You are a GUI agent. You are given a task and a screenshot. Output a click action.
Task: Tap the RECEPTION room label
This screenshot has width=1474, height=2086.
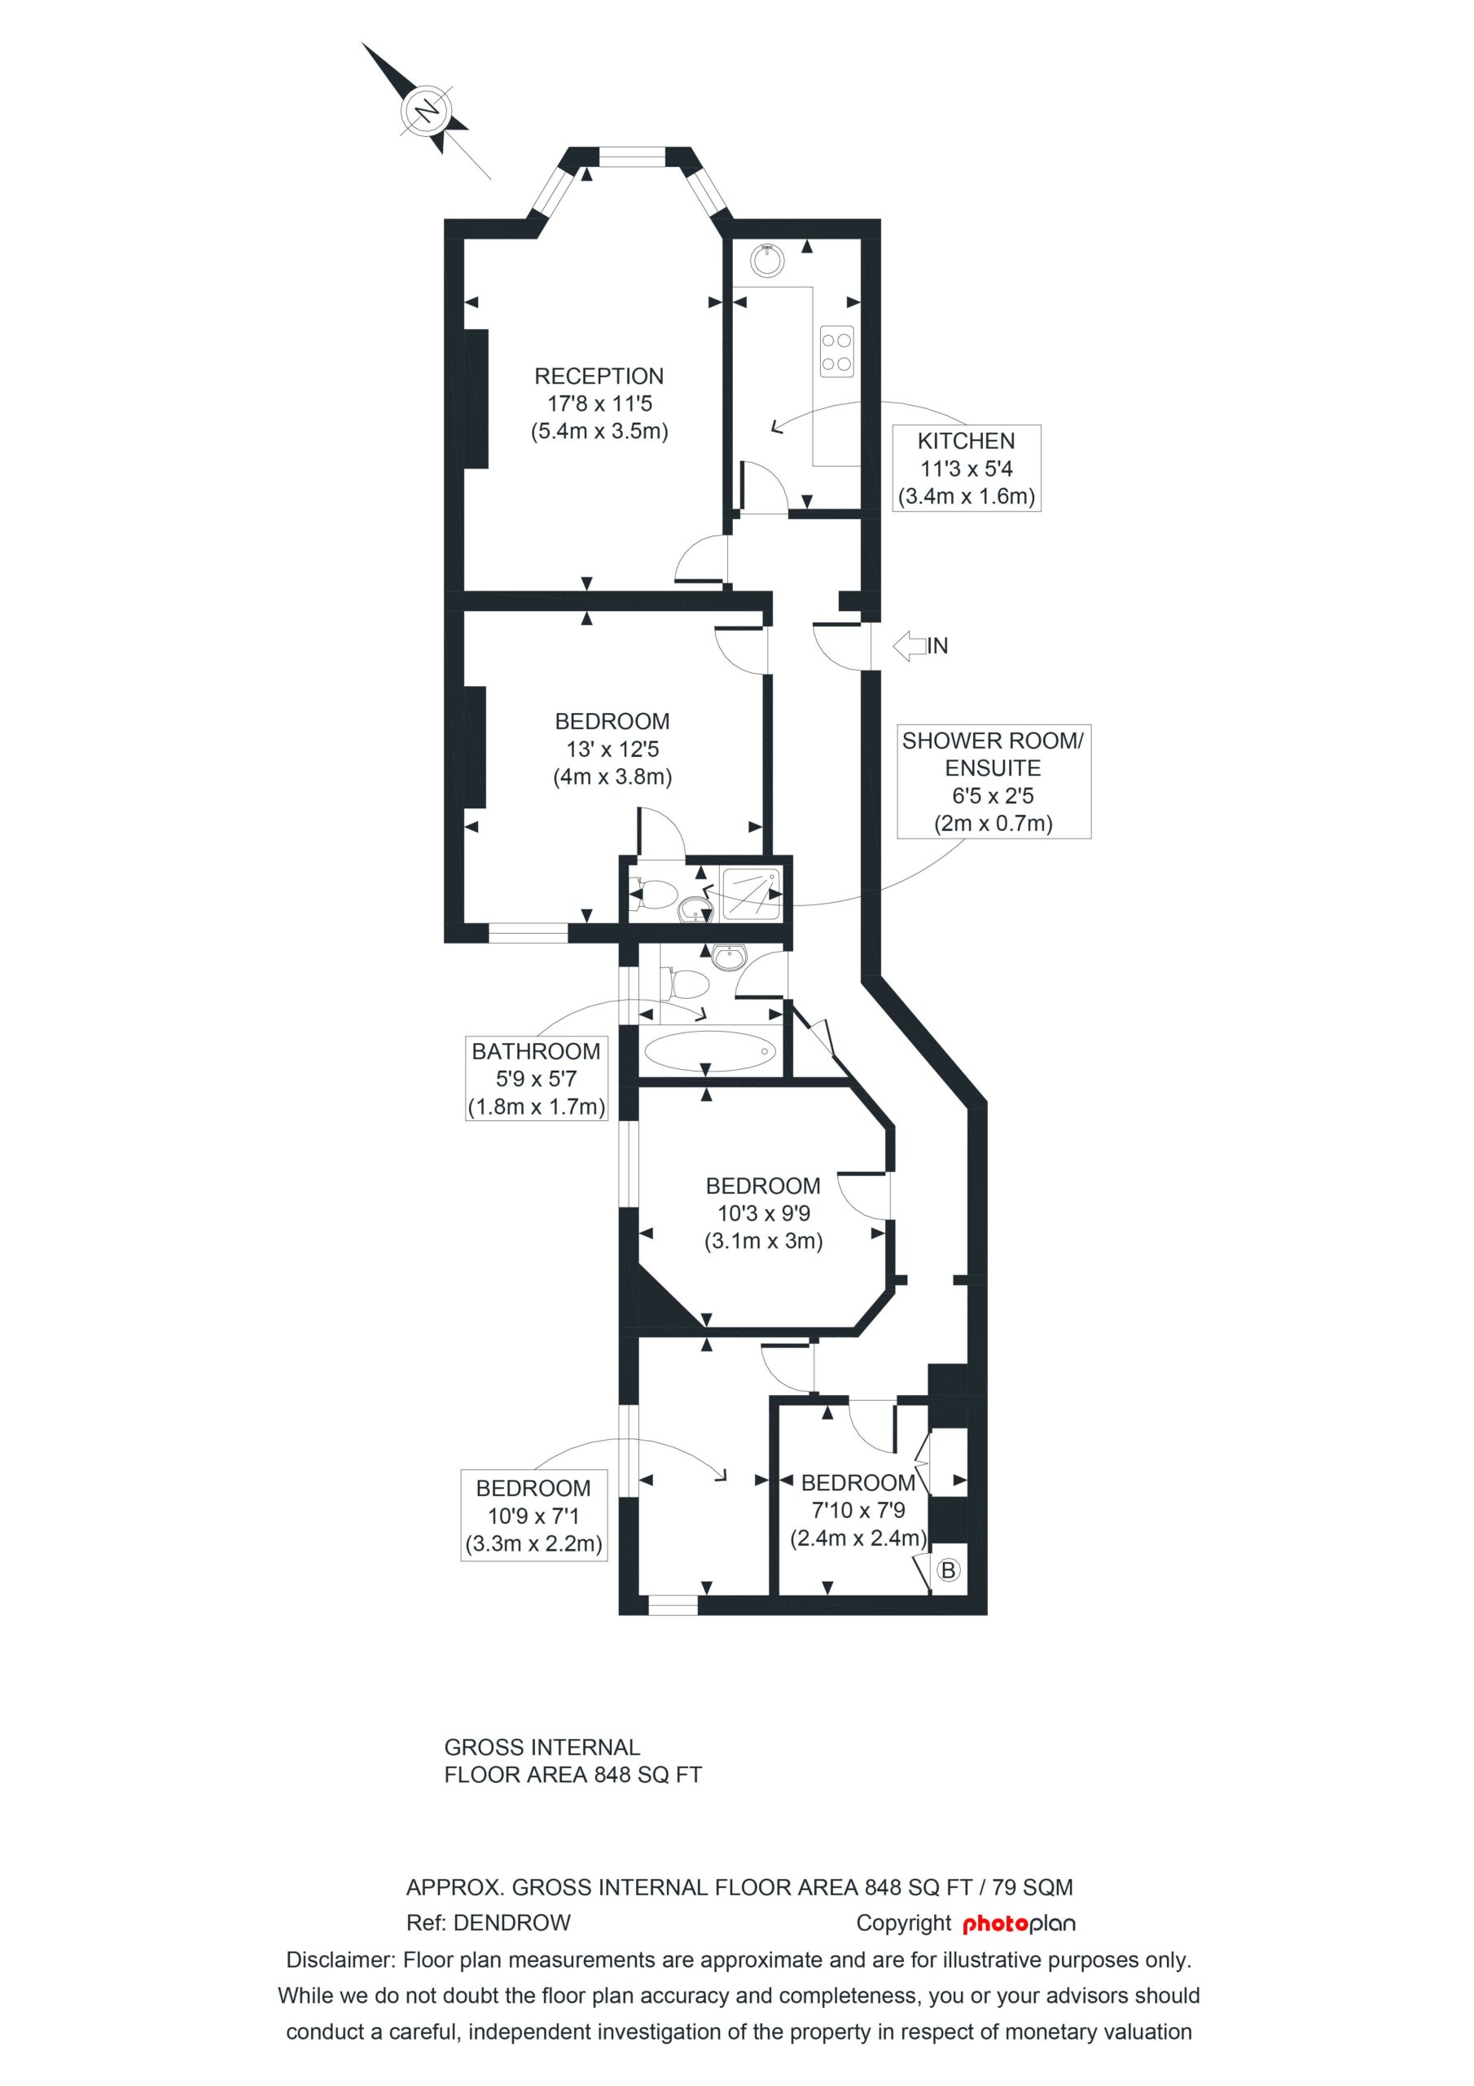pyautogui.click(x=599, y=376)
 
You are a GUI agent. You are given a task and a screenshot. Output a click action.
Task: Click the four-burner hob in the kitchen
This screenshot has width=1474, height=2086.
pyautogui.click(x=836, y=350)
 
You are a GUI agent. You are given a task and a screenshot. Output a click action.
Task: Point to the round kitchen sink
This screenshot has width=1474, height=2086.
pyautogui.click(x=767, y=260)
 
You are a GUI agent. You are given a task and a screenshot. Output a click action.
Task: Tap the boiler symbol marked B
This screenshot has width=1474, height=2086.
pyautogui.click(x=948, y=1570)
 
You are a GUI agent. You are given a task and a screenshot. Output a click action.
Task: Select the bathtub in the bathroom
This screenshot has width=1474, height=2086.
pyautogui.click(x=709, y=1052)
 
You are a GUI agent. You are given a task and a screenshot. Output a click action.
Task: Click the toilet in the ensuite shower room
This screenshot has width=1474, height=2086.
pyautogui.click(x=655, y=895)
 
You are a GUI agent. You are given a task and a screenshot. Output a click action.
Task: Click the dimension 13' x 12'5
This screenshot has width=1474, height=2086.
pyautogui.click(x=612, y=750)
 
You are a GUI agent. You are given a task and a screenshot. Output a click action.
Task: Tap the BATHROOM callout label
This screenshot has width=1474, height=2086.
pyautogui.click(x=536, y=1052)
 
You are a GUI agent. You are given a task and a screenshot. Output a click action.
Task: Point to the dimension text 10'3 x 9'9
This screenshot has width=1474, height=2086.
pyautogui.click(x=763, y=1214)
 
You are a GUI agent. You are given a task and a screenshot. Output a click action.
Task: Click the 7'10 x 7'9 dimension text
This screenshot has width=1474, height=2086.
pyautogui.click(x=858, y=1510)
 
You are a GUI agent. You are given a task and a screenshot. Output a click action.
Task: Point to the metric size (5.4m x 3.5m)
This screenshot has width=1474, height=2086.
pyautogui.click(x=599, y=432)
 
